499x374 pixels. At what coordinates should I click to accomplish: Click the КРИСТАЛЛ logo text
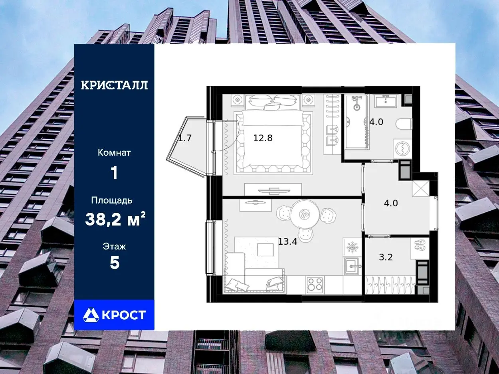(x=114, y=85)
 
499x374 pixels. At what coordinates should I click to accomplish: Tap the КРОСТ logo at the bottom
(x=114, y=315)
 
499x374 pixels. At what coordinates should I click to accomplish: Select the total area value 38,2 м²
(x=115, y=219)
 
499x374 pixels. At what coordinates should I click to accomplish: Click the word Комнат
(x=114, y=152)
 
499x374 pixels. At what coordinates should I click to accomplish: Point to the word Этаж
(x=114, y=246)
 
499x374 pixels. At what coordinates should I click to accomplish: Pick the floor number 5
(x=115, y=263)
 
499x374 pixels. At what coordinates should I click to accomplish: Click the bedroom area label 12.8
(x=263, y=138)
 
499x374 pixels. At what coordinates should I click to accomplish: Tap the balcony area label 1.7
(x=184, y=138)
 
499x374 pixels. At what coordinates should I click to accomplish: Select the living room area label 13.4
(x=288, y=241)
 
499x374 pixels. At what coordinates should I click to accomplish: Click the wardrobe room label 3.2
(x=386, y=257)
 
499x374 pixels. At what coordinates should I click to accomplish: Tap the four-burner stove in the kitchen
(x=315, y=285)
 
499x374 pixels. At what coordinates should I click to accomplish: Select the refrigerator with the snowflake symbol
(x=352, y=247)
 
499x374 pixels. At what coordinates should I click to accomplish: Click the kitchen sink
(x=352, y=266)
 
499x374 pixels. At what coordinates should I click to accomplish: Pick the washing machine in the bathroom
(x=402, y=148)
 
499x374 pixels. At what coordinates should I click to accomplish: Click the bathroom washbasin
(x=386, y=101)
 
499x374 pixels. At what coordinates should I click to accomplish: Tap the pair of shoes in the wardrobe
(x=420, y=245)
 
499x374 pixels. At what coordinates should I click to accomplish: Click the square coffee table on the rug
(x=265, y=249)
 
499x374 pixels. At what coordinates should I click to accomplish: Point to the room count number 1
(x=114, y=173)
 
